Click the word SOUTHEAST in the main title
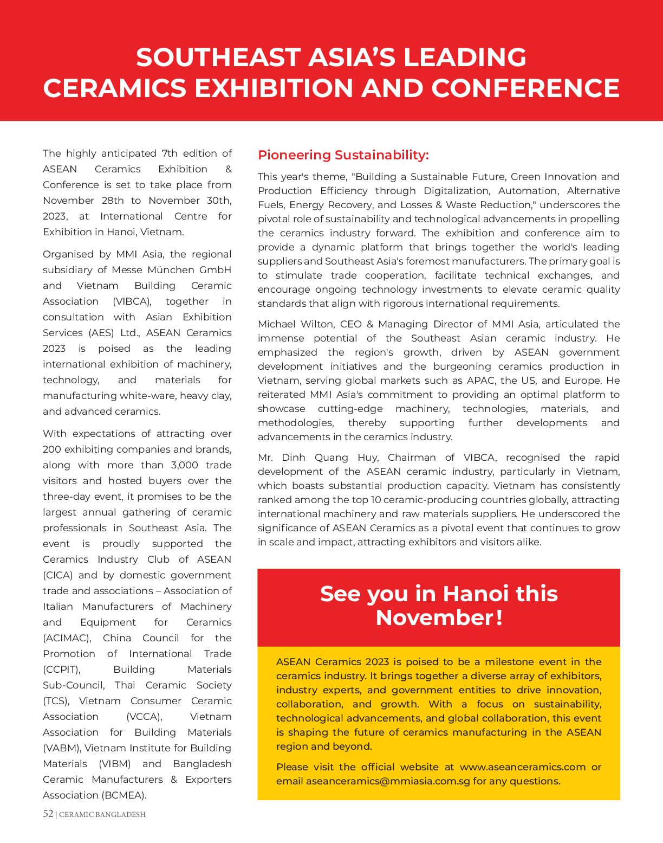(x=218, y=57)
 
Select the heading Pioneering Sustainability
(x=343, y=155)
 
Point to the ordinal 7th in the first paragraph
(x=171, y=153)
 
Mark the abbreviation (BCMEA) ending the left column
(x=123, y=795)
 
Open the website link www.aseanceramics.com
(x=522, y=767)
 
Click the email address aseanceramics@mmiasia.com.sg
(x=387, y=781)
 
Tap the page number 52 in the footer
(x=48, y=814)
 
